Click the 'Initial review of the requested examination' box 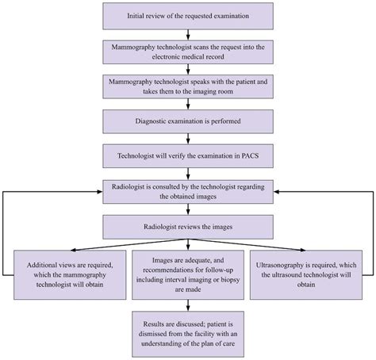pos(189,16)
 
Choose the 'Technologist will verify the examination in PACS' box pos(189,155)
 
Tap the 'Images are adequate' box pos(189,274)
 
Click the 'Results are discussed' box pos(189,331)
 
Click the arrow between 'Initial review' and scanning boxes pos(189,33)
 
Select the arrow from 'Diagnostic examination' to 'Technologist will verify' pos(189,137)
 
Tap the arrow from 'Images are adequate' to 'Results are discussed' pos(189,304)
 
